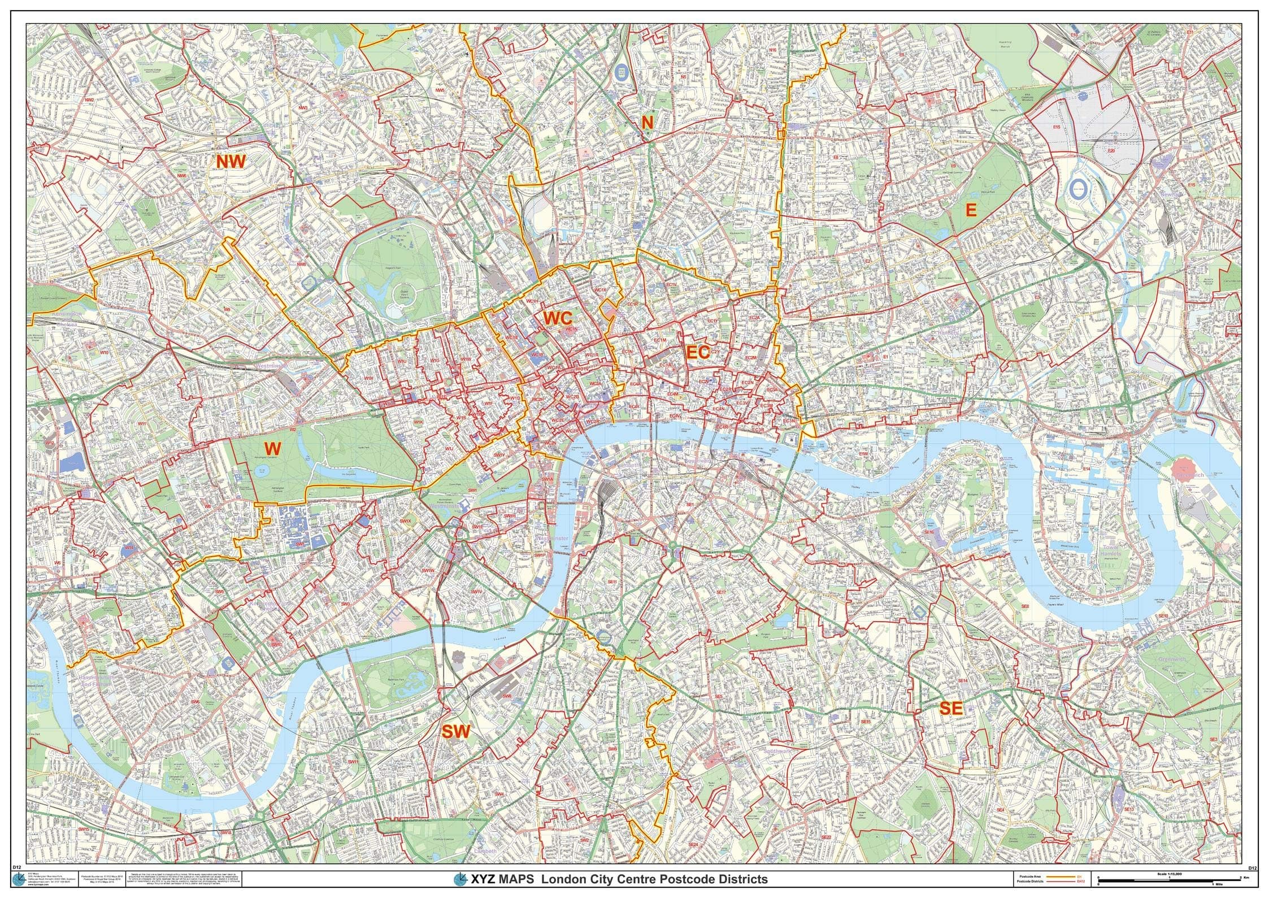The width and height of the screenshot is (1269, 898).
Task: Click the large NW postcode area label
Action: pyautogui.click(x=231, y=162)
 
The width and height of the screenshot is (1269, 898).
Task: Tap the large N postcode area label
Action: pyautogui.click(x=647, y=122)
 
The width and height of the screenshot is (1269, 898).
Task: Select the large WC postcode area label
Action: pyautogui.click(x=558, y=318)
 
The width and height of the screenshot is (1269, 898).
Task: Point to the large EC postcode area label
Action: pyautogui.click(x=698, y=353)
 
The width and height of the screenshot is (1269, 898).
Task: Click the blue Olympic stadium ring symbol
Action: pyautogui.click(x=1077, y=190)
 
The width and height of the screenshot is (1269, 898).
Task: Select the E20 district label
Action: pyautogui.click(x=1111, y=151)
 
